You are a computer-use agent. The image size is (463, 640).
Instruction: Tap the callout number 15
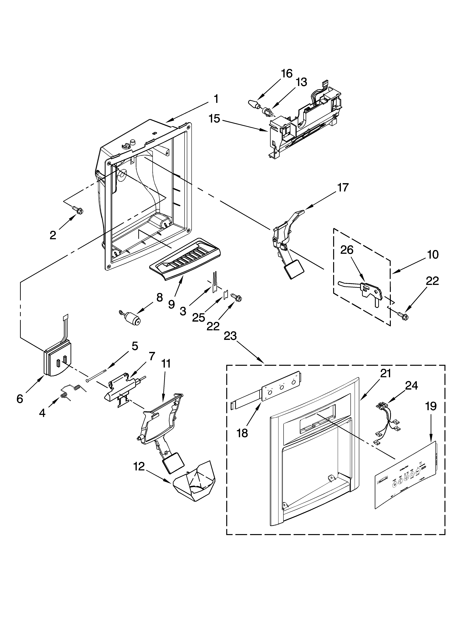click(214, 119)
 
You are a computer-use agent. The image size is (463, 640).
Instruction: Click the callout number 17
click(343, 188)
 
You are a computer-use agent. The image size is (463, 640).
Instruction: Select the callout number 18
click(242, 433)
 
